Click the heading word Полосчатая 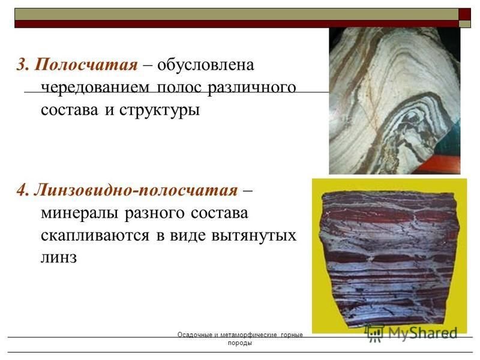point(86,65)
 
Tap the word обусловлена point(206,65)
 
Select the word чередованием point(95,88)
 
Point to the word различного point(251,88)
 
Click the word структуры point(160,110)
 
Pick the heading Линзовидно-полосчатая point(136,190)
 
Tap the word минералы point(80,213)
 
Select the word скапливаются point(95,236)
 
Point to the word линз point(59,257)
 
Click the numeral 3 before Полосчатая point(22,65)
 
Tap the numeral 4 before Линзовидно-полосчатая point(22,190)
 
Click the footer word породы point(239,343)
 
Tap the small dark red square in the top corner point(464,14)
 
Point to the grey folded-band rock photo point(395,101)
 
